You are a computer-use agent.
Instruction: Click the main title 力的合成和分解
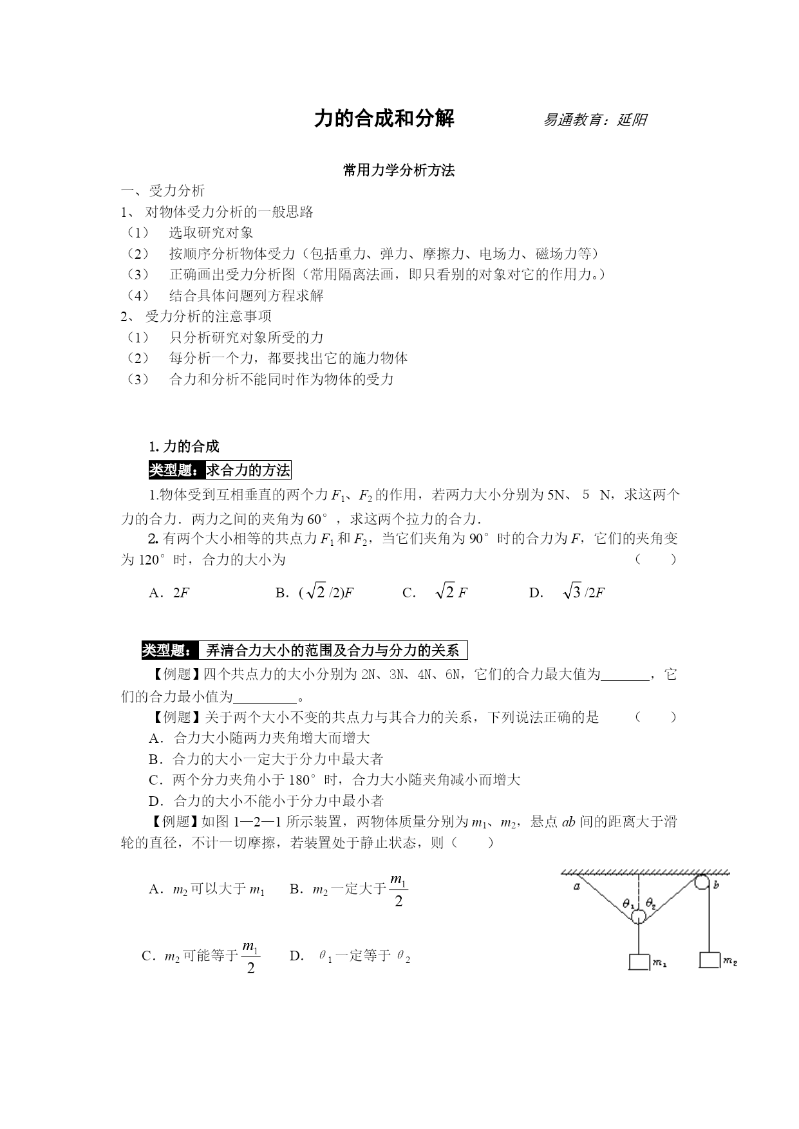(x=384, y=118)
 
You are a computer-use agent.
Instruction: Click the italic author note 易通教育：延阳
(x=595, y=120)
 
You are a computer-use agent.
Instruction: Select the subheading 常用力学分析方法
(x=399, y=171)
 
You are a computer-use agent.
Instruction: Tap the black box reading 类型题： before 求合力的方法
(x=176, y=471)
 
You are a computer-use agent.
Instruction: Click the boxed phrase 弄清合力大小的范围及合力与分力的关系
(x=333, y=651)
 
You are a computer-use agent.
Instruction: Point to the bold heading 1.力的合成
(x=184, y=447)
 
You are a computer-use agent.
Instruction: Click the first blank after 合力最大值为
(x=625, y=675)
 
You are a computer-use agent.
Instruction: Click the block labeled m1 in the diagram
(x=639, y=962)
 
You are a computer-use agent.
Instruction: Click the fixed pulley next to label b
(x=702, y=882)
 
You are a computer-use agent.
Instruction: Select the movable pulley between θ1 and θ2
(x=638, y=917)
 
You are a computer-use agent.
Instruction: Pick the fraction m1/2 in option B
(x=399, y=891)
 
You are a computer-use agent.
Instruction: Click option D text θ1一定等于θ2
(x=364, y=956)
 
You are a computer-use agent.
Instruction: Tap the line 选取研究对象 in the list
(x=211, y=233)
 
